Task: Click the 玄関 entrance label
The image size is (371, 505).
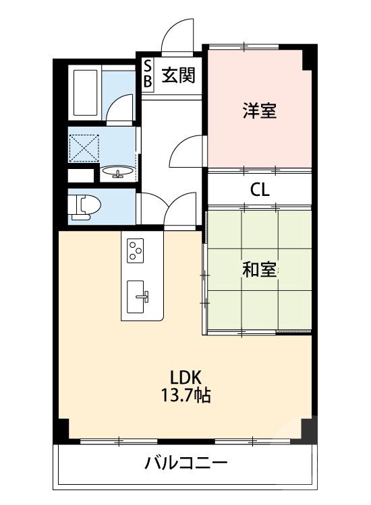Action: point(178,75)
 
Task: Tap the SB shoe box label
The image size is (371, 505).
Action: point(148,74)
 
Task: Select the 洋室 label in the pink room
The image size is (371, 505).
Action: point(260,110)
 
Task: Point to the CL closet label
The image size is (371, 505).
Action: point(260,190)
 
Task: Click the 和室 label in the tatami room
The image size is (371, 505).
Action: point(260,269)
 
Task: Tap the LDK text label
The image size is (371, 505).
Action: point(185,377)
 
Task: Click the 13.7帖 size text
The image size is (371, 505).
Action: point(185,395)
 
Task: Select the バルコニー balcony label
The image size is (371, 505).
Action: point(186,463)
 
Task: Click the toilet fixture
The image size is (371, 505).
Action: point(84,206)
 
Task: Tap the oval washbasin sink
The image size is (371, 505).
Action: point(117,171)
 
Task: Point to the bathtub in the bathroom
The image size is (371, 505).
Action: point(85,93)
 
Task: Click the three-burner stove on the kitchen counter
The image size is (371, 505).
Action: point(136,250)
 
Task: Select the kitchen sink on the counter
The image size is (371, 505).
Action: point(136,297)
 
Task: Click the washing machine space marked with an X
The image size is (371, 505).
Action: point(84,147)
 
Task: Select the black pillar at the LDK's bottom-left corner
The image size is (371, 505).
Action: point(64,430)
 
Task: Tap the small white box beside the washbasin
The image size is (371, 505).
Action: point(81,176)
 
